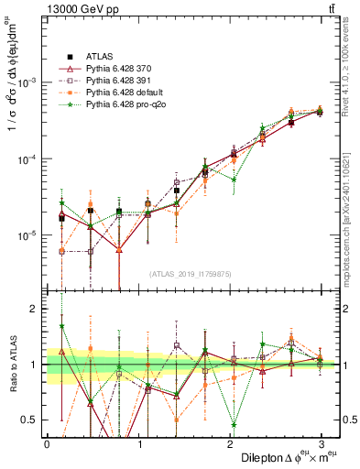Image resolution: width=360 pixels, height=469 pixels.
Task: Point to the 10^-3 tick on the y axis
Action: click(x=29, y=82)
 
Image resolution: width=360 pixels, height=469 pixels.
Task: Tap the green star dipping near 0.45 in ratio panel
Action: click(x=234, y=425)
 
